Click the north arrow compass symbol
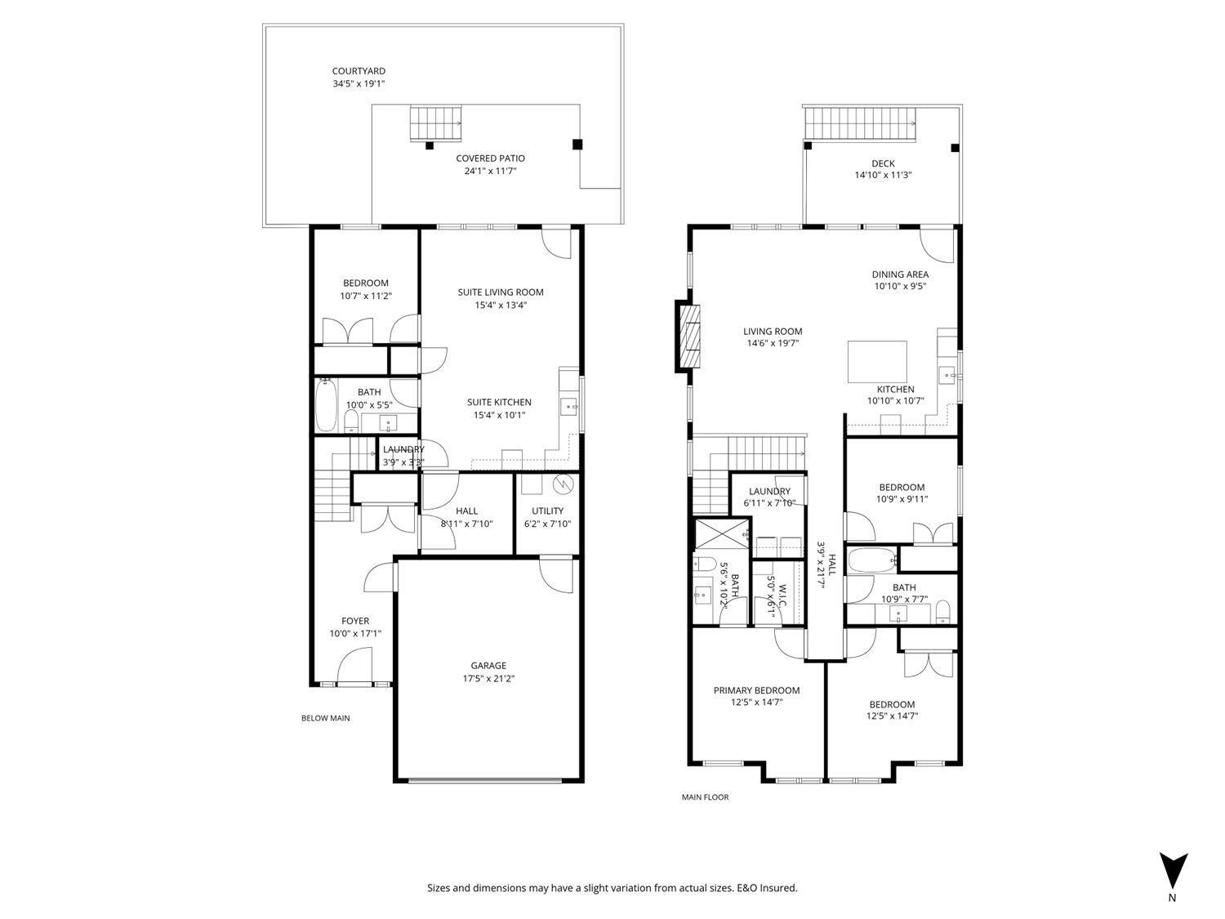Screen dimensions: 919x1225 click(x=1174, y=871)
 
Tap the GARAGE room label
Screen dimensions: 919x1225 click(x=488, y=666)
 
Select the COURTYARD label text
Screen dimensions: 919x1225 click(x=359, y=71)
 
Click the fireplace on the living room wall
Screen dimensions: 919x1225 click(x=688, y=337)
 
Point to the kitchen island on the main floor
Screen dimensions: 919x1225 click(x=877, y=362)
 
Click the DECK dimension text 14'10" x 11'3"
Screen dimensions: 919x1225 click(x=883, y=175)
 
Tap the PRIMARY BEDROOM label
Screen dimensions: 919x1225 click(x=756, y=690)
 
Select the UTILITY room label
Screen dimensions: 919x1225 click(x=547, y=511)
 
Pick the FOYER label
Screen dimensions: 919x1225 click(x=355, y=621)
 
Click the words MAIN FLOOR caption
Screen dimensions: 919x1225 click(x=705, y=797)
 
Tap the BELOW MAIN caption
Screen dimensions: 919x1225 click(x=325, y=718)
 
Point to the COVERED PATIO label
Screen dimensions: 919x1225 click(x=490, y=158)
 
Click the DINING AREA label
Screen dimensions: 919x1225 click(x=900, y=274)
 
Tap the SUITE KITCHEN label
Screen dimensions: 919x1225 click(x=499, y=402)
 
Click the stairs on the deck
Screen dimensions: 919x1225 click(x=861, y=124)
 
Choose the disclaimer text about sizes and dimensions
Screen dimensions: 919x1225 click(x=612, y=888)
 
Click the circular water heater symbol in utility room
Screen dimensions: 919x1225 click(x=563, y=484)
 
